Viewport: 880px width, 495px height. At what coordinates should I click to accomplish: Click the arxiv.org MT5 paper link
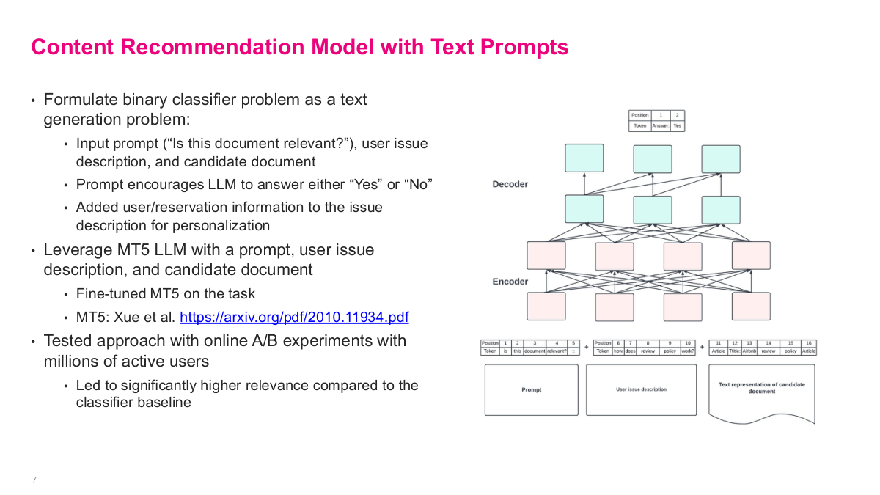(294, 318)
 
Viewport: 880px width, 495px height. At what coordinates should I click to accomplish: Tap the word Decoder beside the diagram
(510, 184)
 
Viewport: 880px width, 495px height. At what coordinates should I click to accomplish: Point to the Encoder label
(510, 282)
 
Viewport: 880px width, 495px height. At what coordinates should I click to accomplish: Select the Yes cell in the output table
(677, 126)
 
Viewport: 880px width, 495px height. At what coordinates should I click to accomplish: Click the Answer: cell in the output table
(660, 126)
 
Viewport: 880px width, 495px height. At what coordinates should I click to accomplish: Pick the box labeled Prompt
(532, 389)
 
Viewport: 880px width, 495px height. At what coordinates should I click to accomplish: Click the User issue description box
(641, 389)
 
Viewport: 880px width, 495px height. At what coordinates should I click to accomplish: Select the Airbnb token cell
(749, 351)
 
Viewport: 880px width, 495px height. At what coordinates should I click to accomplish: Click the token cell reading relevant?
(557, 351)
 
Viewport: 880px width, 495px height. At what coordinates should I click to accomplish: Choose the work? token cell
(688, 351)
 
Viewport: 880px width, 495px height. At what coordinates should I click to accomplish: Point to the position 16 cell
(808, 342)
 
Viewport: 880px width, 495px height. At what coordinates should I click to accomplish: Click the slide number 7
(34, 480)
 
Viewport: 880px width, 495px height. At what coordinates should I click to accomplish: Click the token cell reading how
(617, 351)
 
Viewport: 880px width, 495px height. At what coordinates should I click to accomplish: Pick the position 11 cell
(718, 342)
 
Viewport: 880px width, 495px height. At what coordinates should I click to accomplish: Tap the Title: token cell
(734, 351)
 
